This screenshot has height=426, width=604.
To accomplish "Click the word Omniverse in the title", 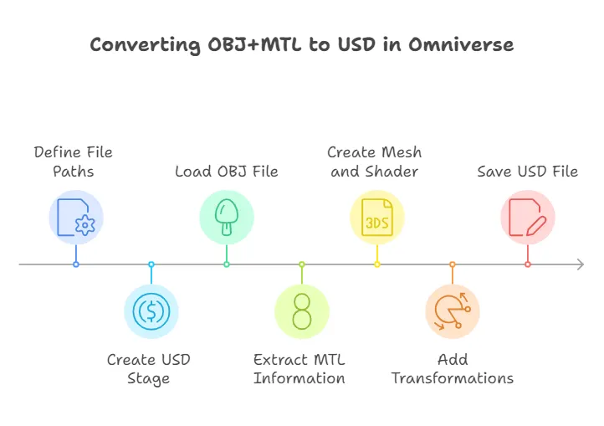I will (x=461, y=45).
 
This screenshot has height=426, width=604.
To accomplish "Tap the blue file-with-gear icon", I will (x=75, y=217).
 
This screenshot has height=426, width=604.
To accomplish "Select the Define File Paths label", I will (x=73, y=162).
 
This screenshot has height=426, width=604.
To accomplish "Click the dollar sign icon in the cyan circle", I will (x=151, y=311).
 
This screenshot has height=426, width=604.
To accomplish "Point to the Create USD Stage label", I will (x=149, y=369).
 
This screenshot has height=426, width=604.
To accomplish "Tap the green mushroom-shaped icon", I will (x=227, y=217).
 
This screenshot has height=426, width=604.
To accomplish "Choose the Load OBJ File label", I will (x=227, y=172).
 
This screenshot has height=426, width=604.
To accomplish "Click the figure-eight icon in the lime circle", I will (x=302, y=311).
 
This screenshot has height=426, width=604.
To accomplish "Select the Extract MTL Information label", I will (x=299, y=369).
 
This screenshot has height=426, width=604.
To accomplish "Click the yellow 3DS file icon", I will (x=377, y=217).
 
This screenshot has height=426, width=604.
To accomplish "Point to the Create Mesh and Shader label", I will (x=375, y=162).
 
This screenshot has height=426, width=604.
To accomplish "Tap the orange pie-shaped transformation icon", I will (x=453, y=311).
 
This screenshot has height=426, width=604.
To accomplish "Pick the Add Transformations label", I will (x=453, y=369).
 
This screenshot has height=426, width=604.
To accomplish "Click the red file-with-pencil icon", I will (x=528, y=217).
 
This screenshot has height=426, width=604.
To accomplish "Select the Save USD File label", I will (x=528, y=172).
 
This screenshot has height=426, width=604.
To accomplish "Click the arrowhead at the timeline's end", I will (x=580, y=264).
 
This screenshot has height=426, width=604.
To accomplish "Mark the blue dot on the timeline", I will (x=76, y=264).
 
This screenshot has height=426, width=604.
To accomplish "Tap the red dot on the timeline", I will (x=528, y=264).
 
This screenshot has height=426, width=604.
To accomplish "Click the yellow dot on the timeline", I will (x=377, y=264).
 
